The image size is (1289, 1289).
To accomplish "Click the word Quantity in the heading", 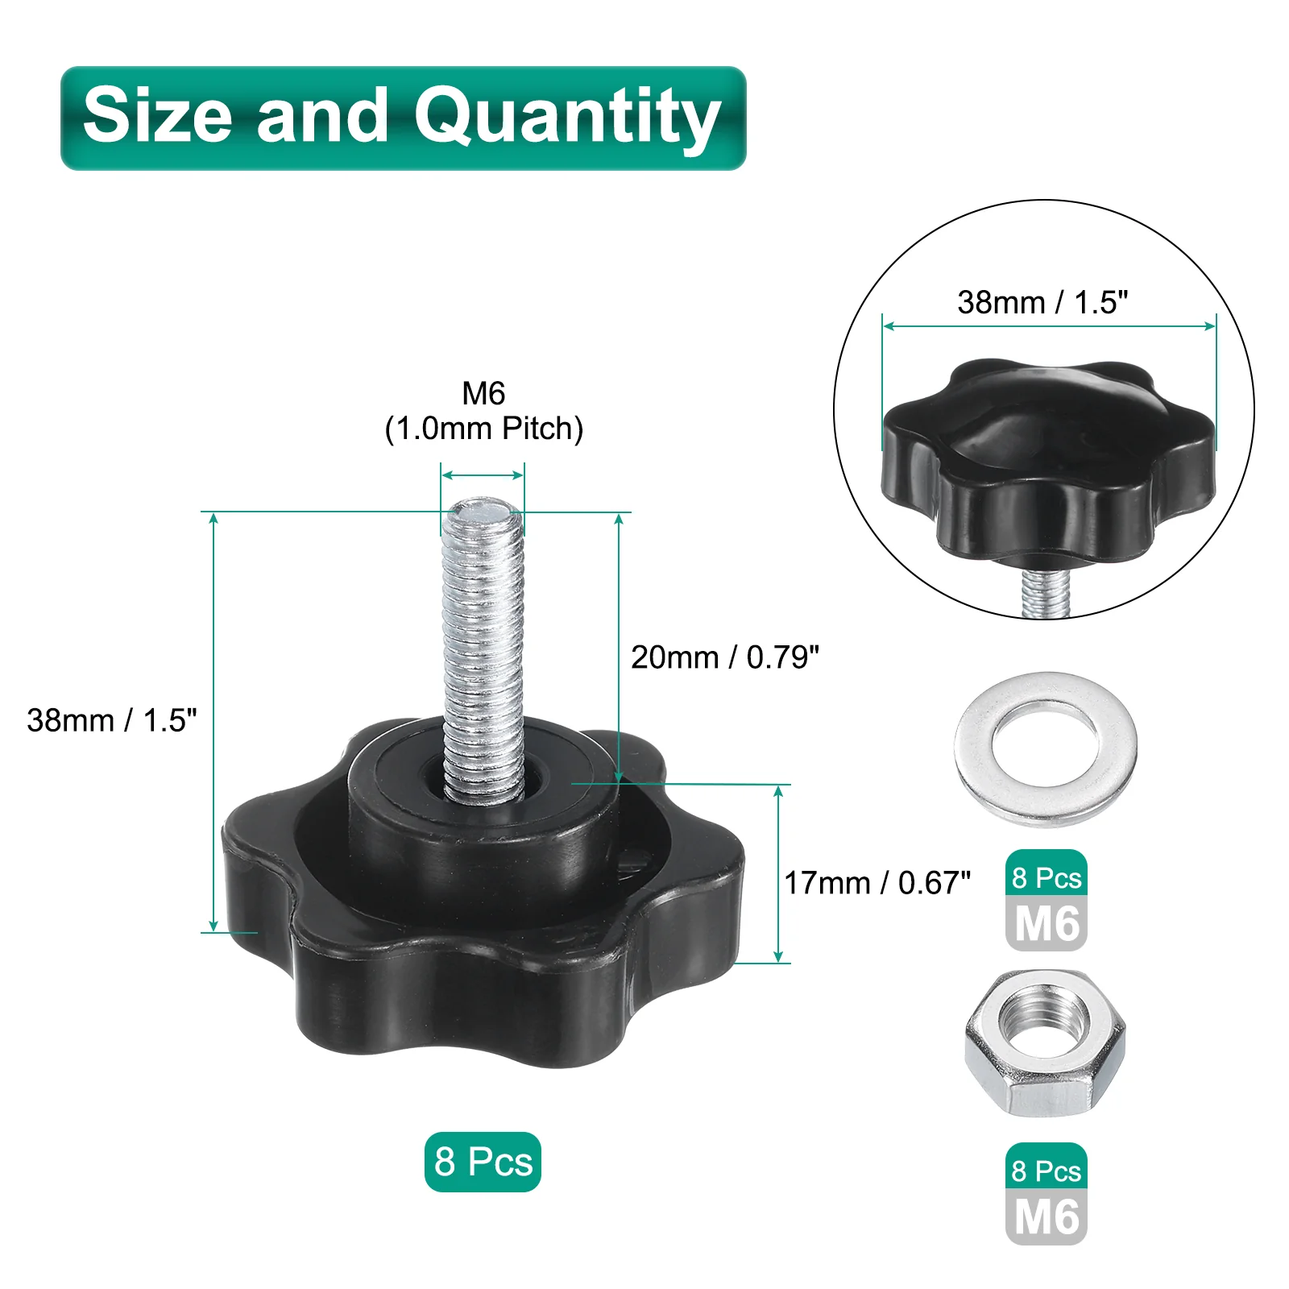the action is click(x=567, y=118).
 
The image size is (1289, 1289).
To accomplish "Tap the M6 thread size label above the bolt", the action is click(x=483, y=394).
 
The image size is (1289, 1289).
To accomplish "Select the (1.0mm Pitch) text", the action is click(x=483, y=429).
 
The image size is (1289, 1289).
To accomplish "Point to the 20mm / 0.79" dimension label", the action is click(x=725, y=657).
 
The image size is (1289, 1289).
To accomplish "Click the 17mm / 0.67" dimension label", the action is click(x=877, y=883).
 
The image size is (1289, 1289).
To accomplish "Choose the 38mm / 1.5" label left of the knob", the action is click(x=112, y=720).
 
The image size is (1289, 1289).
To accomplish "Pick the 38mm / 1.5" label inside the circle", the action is click(x=1042, y=302).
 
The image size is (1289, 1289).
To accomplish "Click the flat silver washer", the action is click(x=1046, y=749).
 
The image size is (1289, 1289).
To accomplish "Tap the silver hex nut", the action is click(x=1045, y=1043).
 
